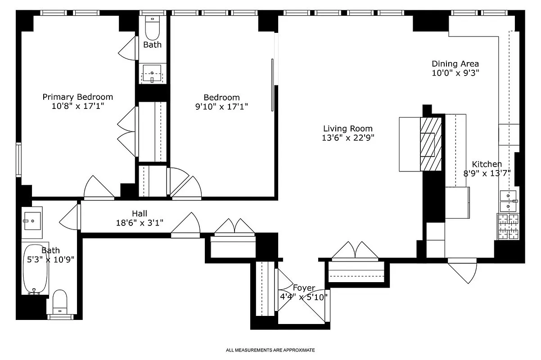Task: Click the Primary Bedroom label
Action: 77,97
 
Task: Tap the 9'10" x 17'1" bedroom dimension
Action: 221,107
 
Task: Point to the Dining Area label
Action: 455,64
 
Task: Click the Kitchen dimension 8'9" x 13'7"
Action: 487,173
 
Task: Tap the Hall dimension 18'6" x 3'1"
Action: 139,222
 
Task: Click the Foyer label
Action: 304,288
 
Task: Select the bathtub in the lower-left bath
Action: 35,269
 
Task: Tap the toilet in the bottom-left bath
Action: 60,302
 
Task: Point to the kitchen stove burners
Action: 508,226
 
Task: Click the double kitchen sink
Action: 508,201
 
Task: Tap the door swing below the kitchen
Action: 464,273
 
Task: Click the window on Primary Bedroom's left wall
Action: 18,160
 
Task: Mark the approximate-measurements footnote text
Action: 270,350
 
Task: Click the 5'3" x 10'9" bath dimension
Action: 50,259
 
